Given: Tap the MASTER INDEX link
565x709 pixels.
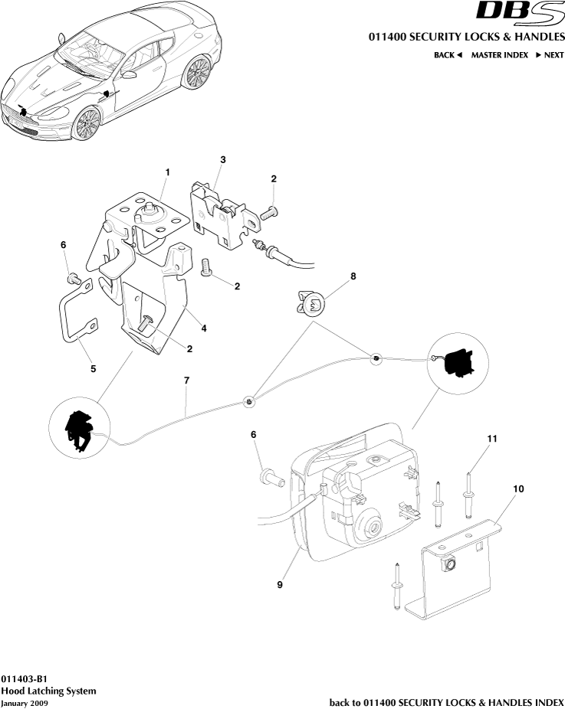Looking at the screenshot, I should point(499,55).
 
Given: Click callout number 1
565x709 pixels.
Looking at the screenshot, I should point(167,174).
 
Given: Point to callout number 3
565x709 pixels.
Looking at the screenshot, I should point(222,160).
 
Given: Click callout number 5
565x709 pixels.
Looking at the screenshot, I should point(94,368).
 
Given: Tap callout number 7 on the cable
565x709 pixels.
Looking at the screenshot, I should point(186,380).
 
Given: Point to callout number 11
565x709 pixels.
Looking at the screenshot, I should point(493,438).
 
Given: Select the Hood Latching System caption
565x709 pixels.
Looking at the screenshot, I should point(48,691).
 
